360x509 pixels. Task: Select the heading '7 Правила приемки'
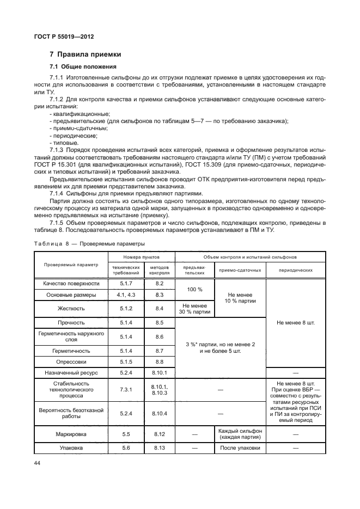coord(86,54)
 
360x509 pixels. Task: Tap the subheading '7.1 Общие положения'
coord(83,67)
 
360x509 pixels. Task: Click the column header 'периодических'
coord(296,270)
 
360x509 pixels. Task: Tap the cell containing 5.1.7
coord(126,284)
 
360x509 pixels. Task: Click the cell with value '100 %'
coord(194,289)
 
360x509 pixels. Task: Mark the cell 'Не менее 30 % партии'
coord(194,309)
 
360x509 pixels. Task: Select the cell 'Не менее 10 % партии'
coord(240,298)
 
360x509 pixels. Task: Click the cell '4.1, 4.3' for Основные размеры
coord(126,295)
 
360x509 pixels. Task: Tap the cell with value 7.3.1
coord(126,390)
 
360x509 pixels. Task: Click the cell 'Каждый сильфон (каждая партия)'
coord(240,434)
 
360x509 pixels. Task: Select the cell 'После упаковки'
coord(240,448)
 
